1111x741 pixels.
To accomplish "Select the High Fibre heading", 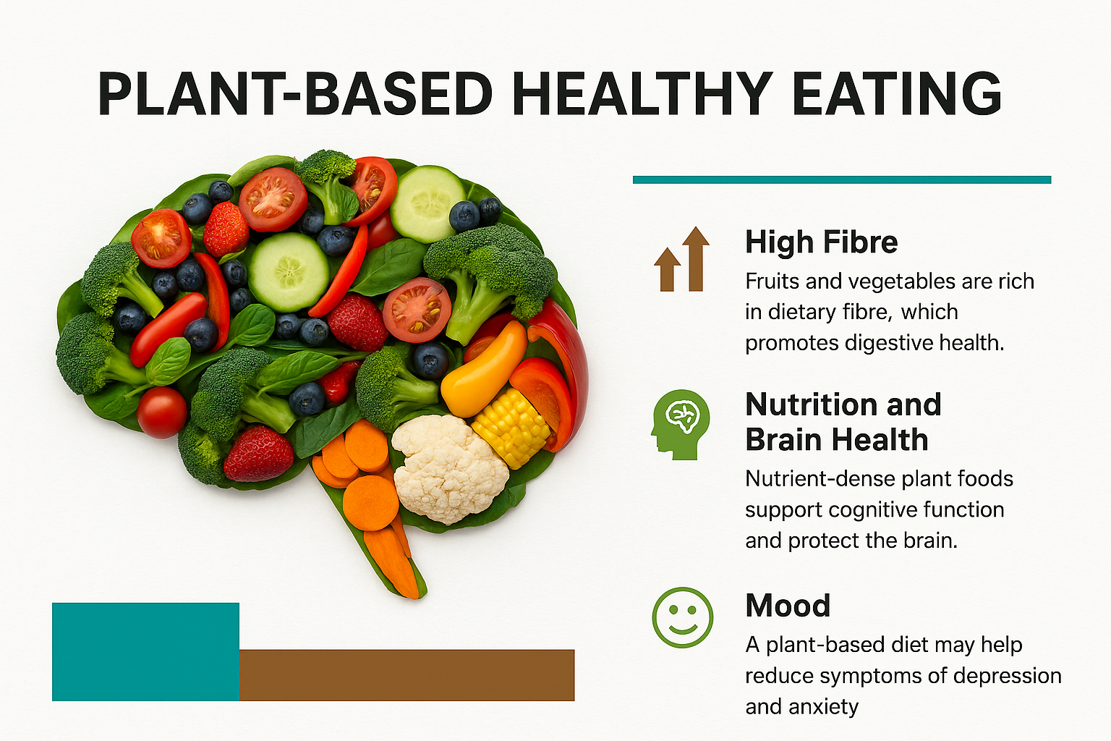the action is [x=822, y=242].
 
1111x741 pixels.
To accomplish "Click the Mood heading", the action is [x=788, y=606].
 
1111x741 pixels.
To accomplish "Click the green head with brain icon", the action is [x=681, y=424].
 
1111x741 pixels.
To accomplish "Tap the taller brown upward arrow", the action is [x=696, y=258].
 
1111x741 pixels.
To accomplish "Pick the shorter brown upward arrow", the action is [x=667, y=269].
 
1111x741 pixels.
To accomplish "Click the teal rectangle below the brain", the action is [x=146, y=652].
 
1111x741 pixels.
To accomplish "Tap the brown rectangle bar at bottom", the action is [x=406, y=675].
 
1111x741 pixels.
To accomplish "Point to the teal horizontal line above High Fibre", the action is [x=842, y=179].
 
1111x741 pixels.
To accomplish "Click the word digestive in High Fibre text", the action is [x=886, y=343].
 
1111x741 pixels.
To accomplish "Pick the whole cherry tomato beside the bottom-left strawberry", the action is [x=162, y=412].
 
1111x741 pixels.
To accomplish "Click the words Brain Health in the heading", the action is [x=836, y=440].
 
